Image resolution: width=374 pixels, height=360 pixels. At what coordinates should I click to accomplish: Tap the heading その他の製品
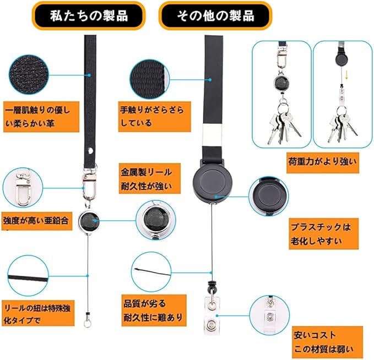pos(215,16)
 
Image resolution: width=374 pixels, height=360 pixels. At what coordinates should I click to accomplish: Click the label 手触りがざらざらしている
pos(151,116)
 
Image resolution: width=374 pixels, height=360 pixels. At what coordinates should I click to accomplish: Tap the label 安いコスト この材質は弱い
pos(328,342)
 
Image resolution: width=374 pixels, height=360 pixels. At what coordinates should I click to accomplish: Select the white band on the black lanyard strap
pos(212,133)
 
